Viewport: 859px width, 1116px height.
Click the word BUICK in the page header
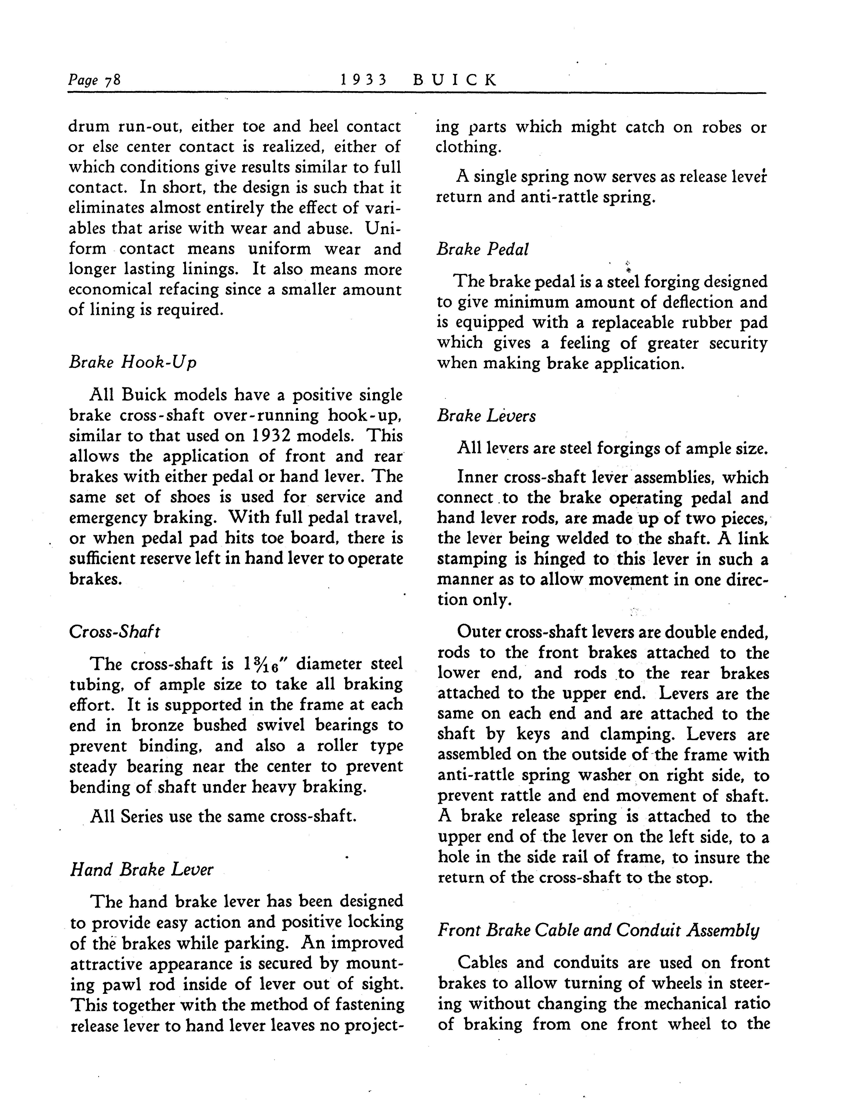pos(454,80)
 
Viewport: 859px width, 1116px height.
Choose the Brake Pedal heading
pos(482,249)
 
